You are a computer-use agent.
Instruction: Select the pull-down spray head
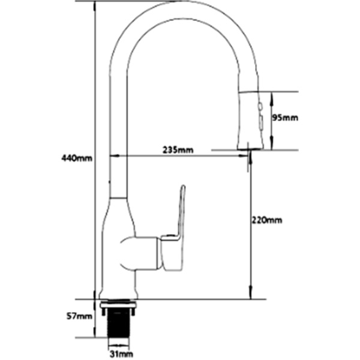(x=251, y=120)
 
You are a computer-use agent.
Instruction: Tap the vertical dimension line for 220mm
(x=250, y=228)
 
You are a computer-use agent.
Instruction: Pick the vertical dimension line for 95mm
(x=271, y=120)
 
